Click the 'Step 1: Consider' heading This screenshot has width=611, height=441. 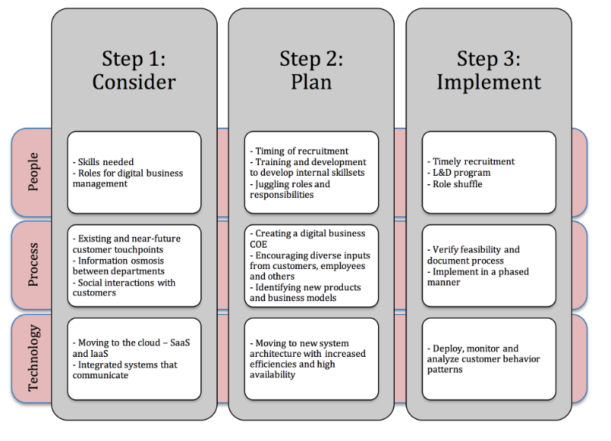tap(134, 70)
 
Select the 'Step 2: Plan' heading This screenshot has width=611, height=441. tap(312, 70)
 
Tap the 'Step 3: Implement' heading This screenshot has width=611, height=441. tap(489, 70)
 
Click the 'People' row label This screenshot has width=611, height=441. tap(34, 171)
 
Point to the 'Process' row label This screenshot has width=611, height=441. tap(34, 264)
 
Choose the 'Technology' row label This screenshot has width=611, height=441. tap(34, 358)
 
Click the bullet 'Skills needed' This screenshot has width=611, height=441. tap(103, 162)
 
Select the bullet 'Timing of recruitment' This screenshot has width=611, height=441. tap(299, 151)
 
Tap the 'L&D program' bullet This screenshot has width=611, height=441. tap(459, 173)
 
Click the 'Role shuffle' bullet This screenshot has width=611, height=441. tap(454, 184)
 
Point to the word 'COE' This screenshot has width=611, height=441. tap(258, 245)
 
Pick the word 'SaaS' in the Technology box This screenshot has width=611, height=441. tap(180, 342)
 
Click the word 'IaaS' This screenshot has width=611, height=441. tap(99, 354)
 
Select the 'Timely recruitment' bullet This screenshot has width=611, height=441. tap(470, 161)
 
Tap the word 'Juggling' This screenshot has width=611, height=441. tap(273, 184)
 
